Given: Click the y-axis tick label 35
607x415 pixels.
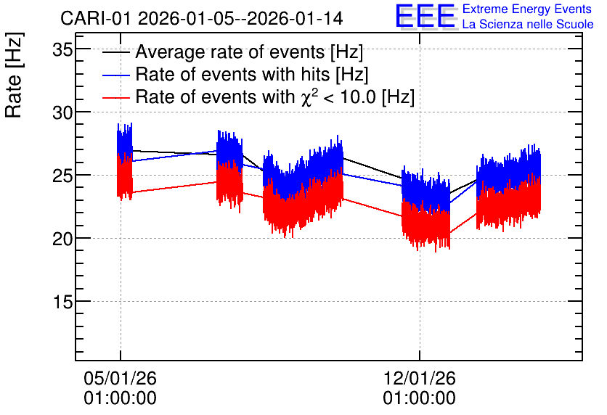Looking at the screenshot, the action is [62, 49].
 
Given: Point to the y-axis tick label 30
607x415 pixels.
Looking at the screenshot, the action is [62, 113].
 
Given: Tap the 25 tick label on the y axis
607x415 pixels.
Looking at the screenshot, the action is [62, 176].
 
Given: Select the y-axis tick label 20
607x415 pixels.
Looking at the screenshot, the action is [62, 239].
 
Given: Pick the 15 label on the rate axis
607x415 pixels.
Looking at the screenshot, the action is [62, 302].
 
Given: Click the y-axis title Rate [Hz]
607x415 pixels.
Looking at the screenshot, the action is [14, 75].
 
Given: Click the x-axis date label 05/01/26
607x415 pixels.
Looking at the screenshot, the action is [120, 378].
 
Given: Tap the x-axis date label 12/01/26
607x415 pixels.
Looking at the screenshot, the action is [420, 378].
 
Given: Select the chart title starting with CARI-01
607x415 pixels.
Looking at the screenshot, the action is [201, 18].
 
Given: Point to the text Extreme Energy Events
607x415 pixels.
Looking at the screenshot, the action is [527, 9].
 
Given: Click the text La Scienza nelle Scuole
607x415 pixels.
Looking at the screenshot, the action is [528, 24].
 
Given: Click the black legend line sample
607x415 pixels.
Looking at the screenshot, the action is [115, 52].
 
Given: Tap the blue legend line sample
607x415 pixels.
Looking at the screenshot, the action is [115, 75].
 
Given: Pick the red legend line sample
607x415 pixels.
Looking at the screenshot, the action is [115, 97].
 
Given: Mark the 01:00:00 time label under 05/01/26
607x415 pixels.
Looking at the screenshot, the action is [120, 398].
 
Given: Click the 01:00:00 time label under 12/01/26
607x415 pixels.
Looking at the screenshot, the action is [420, 398].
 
